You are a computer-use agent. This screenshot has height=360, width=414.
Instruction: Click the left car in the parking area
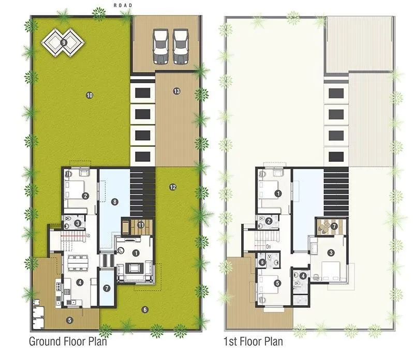[161, 46]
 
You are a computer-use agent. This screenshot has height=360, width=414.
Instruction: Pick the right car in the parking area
[181, 46]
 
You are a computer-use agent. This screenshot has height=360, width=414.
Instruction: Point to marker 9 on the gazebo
[64, 43]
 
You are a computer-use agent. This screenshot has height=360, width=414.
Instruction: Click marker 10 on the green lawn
[89, 95]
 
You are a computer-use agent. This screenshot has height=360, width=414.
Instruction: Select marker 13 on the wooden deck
[176, 91]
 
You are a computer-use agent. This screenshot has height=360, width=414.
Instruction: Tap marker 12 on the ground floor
[173, 187]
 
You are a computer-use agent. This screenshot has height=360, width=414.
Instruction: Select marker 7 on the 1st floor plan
[334, 226]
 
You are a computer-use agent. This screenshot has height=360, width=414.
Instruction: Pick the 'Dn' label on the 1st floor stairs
[269, 247]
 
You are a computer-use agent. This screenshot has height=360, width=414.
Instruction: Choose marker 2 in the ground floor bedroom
[85, 196]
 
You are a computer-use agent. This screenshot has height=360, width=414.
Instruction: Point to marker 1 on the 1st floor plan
[278, 193]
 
